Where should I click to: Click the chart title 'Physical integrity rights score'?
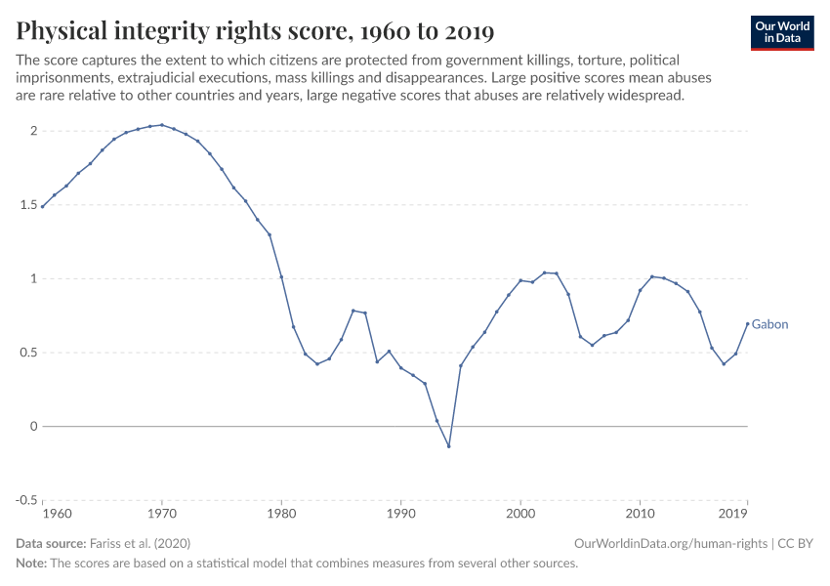tap(255, 31)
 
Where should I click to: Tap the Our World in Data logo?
tap(781, 32)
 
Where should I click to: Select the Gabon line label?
tap(769, 324)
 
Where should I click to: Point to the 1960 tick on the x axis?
tap(59, 512)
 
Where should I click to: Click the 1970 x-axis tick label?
tap(162, 512)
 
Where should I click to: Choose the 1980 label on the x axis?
tap(281, 512)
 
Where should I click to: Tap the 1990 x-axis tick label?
tap(400, 512)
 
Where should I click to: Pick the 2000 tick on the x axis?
tap(520, 512)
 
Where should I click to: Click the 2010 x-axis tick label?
tap(640, 512)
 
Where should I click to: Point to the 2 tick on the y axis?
tap(32, 131)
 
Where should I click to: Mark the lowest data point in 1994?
tap(448, 446)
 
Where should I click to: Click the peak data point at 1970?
tap(162, 125)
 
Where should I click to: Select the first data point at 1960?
tap(43, 207)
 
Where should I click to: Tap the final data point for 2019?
tap(747, 323)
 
